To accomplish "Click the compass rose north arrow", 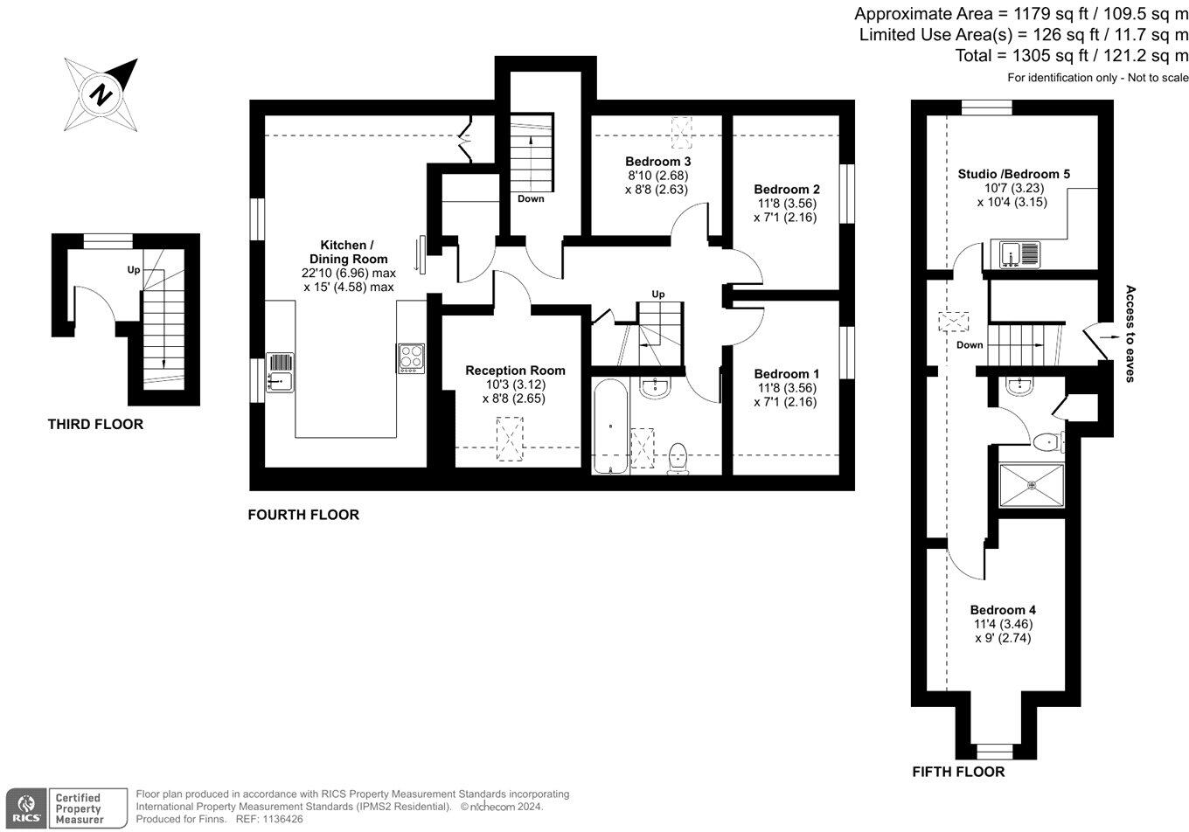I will click(x=101, y=94).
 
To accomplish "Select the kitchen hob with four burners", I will click(x=411, y=358).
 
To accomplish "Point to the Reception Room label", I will click(x=515, y=371).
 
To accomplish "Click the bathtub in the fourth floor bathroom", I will click(x=609, y=426).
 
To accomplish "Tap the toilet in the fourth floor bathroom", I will click(x=678, y=457).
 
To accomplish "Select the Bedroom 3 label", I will click(x=657, y=162).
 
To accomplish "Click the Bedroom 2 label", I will click(x=786, y=190).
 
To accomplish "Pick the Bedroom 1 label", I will click(x=786, y=374).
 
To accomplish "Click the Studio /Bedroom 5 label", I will click(x=1013, y=174).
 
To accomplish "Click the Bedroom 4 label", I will click(x=1003, y=610).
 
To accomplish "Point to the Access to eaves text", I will click(x=1130, y=334).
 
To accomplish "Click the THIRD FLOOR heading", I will click(x=95, y=425).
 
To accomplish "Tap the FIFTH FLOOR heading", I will click(x=958, y=772).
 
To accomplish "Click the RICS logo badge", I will click(x=26, y=807).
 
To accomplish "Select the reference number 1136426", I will click(x=282, y=820).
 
